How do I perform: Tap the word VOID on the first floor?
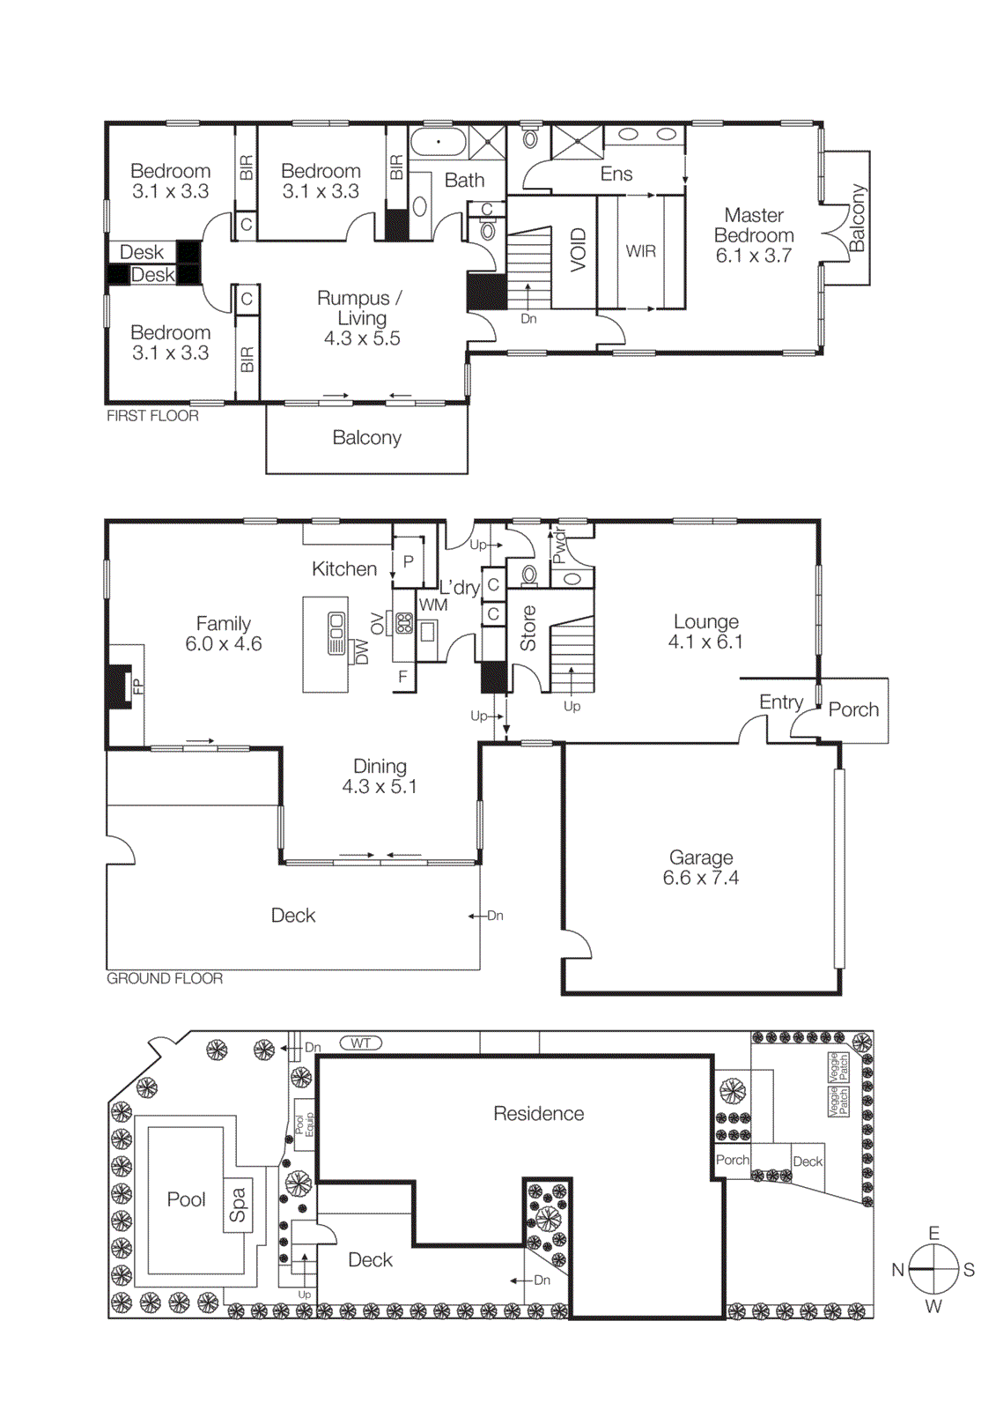(x=578, y=249)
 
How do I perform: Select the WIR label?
(x=640, y=251)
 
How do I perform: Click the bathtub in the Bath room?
(x=439, y=142)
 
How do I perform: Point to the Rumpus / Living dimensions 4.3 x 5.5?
(x=361, y=338)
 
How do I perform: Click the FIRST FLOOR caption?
(x=152, y=416)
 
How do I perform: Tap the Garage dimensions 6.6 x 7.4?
(x=700, y=878)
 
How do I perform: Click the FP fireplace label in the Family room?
(x=137, y=686)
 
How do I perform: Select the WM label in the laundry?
(x=433, y=605)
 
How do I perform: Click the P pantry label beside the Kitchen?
(x=409, y=561)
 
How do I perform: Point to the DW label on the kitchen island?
(x=361, y=651)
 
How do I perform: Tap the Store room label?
(x=528, y=627)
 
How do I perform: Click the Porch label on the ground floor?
(x=853, y=709)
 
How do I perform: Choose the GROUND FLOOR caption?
(x=165, y=978)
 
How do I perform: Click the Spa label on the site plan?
(x=238, y=1205)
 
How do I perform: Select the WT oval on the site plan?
(x=361, y=1043)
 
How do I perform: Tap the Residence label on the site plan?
(x=538, y=1114)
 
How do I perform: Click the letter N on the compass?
(x=897, y=1270)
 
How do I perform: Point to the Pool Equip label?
(x=305, y=1125)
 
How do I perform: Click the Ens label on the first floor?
(x=616, y=174)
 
